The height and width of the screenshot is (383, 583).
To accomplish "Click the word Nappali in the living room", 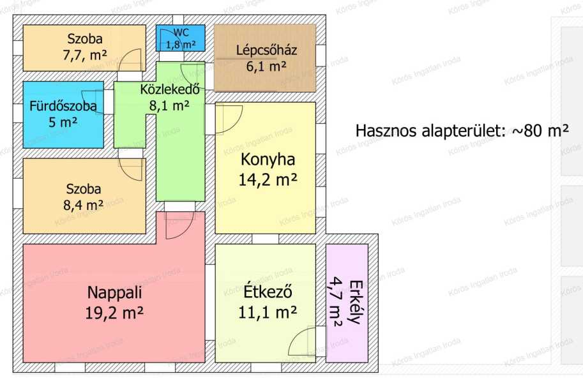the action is pos(114,293).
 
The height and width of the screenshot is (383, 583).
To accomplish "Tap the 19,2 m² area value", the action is pos(114,313).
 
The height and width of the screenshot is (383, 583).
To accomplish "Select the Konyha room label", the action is pos(268,160).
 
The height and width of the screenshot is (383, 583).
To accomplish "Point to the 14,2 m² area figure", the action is pos(268,180).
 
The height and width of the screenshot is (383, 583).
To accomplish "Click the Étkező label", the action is pos(268,292).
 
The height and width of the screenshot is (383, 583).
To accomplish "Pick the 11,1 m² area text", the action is pos(268,313).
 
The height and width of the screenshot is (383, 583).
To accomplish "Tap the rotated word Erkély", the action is pos(356,303).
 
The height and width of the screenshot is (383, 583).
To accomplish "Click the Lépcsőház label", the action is pos(266,50).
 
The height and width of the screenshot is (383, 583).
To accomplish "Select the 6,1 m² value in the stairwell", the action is pos(266,66).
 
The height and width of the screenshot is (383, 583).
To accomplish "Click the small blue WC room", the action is pos(180,38).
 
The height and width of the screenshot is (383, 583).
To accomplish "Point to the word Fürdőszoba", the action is pos(63,106).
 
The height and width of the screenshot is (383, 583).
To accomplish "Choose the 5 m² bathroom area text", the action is pos(63,121).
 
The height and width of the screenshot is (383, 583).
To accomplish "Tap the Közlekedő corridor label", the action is pos(170,89).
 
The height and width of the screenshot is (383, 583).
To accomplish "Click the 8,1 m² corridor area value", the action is pos(170,105).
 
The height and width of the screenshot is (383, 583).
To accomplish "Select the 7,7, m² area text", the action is pos(85,56).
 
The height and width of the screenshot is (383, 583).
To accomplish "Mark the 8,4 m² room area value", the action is pos(84,205).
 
